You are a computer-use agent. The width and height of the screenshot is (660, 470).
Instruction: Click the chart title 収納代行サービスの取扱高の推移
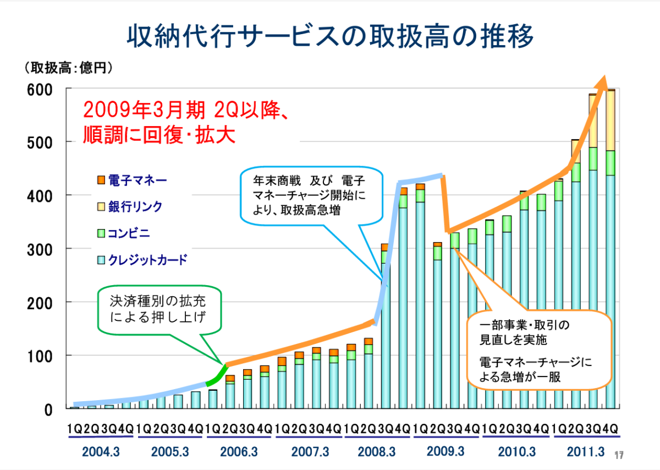[330, 37]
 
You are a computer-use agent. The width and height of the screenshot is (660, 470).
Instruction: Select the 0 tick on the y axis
[48, 409]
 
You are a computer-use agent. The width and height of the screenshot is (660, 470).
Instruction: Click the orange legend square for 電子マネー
[100, 180]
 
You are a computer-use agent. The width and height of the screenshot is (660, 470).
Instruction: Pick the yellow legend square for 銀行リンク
[100, 207]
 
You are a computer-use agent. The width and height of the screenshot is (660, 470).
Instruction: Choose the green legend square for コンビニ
[100, 233]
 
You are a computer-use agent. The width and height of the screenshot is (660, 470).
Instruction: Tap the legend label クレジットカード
[148, 260]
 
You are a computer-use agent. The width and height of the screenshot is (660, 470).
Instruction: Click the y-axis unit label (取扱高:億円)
[68, 68]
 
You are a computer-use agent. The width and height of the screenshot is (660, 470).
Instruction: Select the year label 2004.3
[101, 451]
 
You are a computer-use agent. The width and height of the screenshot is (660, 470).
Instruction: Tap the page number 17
[619, 455]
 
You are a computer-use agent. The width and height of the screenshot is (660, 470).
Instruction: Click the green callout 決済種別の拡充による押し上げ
[159, 309]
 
